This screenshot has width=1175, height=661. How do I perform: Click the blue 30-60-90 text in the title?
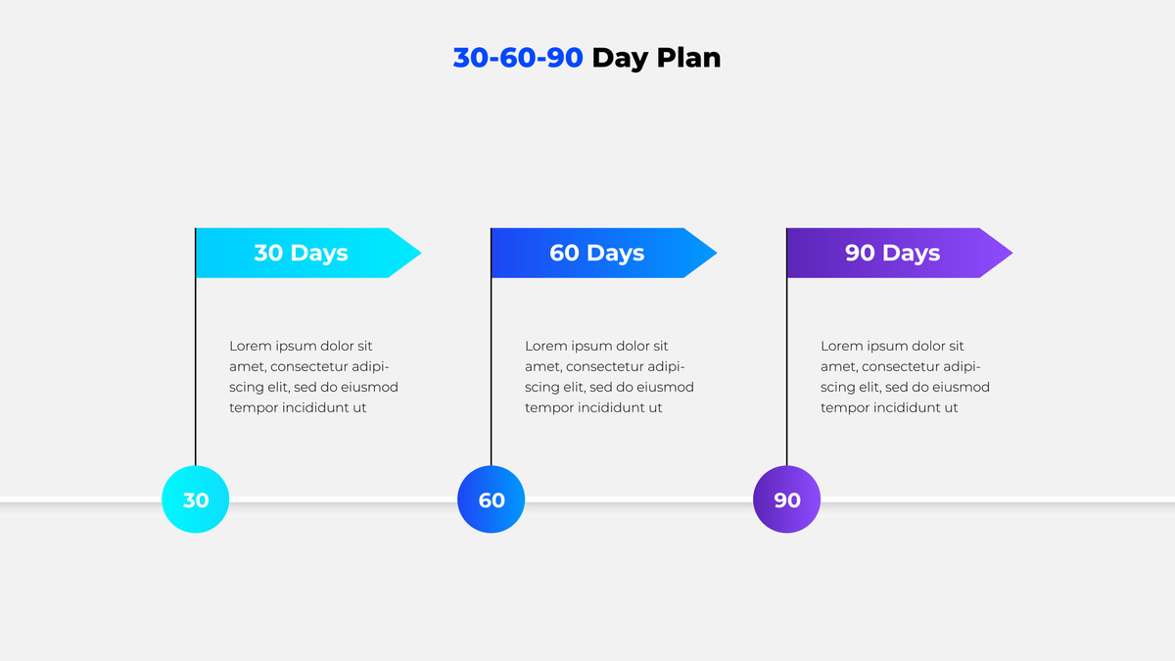coord(518,57)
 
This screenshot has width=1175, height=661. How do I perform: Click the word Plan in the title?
coord(688,57)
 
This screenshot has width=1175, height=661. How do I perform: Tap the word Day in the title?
coord(620,59)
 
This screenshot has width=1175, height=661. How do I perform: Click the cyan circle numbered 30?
coord(195,499)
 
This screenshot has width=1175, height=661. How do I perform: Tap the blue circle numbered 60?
coord(491,499)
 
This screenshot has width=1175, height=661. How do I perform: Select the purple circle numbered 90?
coord(787,499)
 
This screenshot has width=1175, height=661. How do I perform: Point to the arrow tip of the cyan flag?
coord(421,253)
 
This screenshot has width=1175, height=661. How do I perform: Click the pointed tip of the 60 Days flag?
coord(717,253)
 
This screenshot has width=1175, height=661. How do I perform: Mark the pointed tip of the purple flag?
coord(1012,253)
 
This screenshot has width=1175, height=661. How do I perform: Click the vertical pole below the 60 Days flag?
coord(491,371)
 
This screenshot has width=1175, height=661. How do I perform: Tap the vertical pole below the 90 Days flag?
coord(787,371)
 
